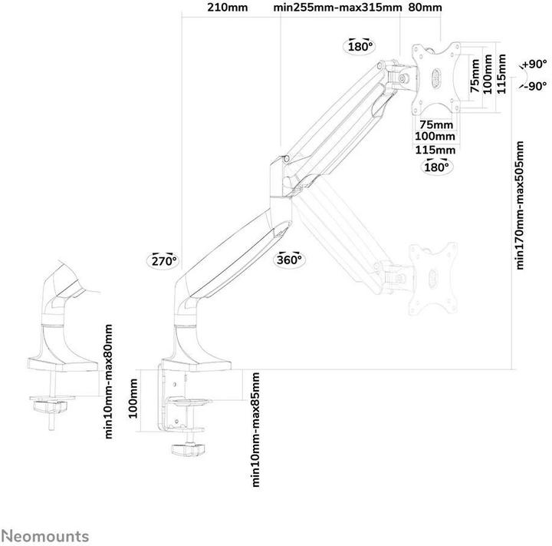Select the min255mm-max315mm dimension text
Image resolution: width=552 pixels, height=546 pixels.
coord(338,9)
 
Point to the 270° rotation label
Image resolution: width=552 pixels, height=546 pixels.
coord(163,260)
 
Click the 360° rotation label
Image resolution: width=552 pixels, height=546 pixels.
coord(290,260)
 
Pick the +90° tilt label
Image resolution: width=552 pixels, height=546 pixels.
coord(535,65)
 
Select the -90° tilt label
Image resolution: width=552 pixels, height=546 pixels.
coord(535,87)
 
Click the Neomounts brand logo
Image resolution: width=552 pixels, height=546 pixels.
coord(44,536)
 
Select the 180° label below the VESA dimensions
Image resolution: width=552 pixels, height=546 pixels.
coord(435,167)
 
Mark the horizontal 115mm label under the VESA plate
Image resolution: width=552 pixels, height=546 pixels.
coord(435,149)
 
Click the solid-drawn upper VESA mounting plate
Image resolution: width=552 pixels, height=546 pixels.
coord(436,76)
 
